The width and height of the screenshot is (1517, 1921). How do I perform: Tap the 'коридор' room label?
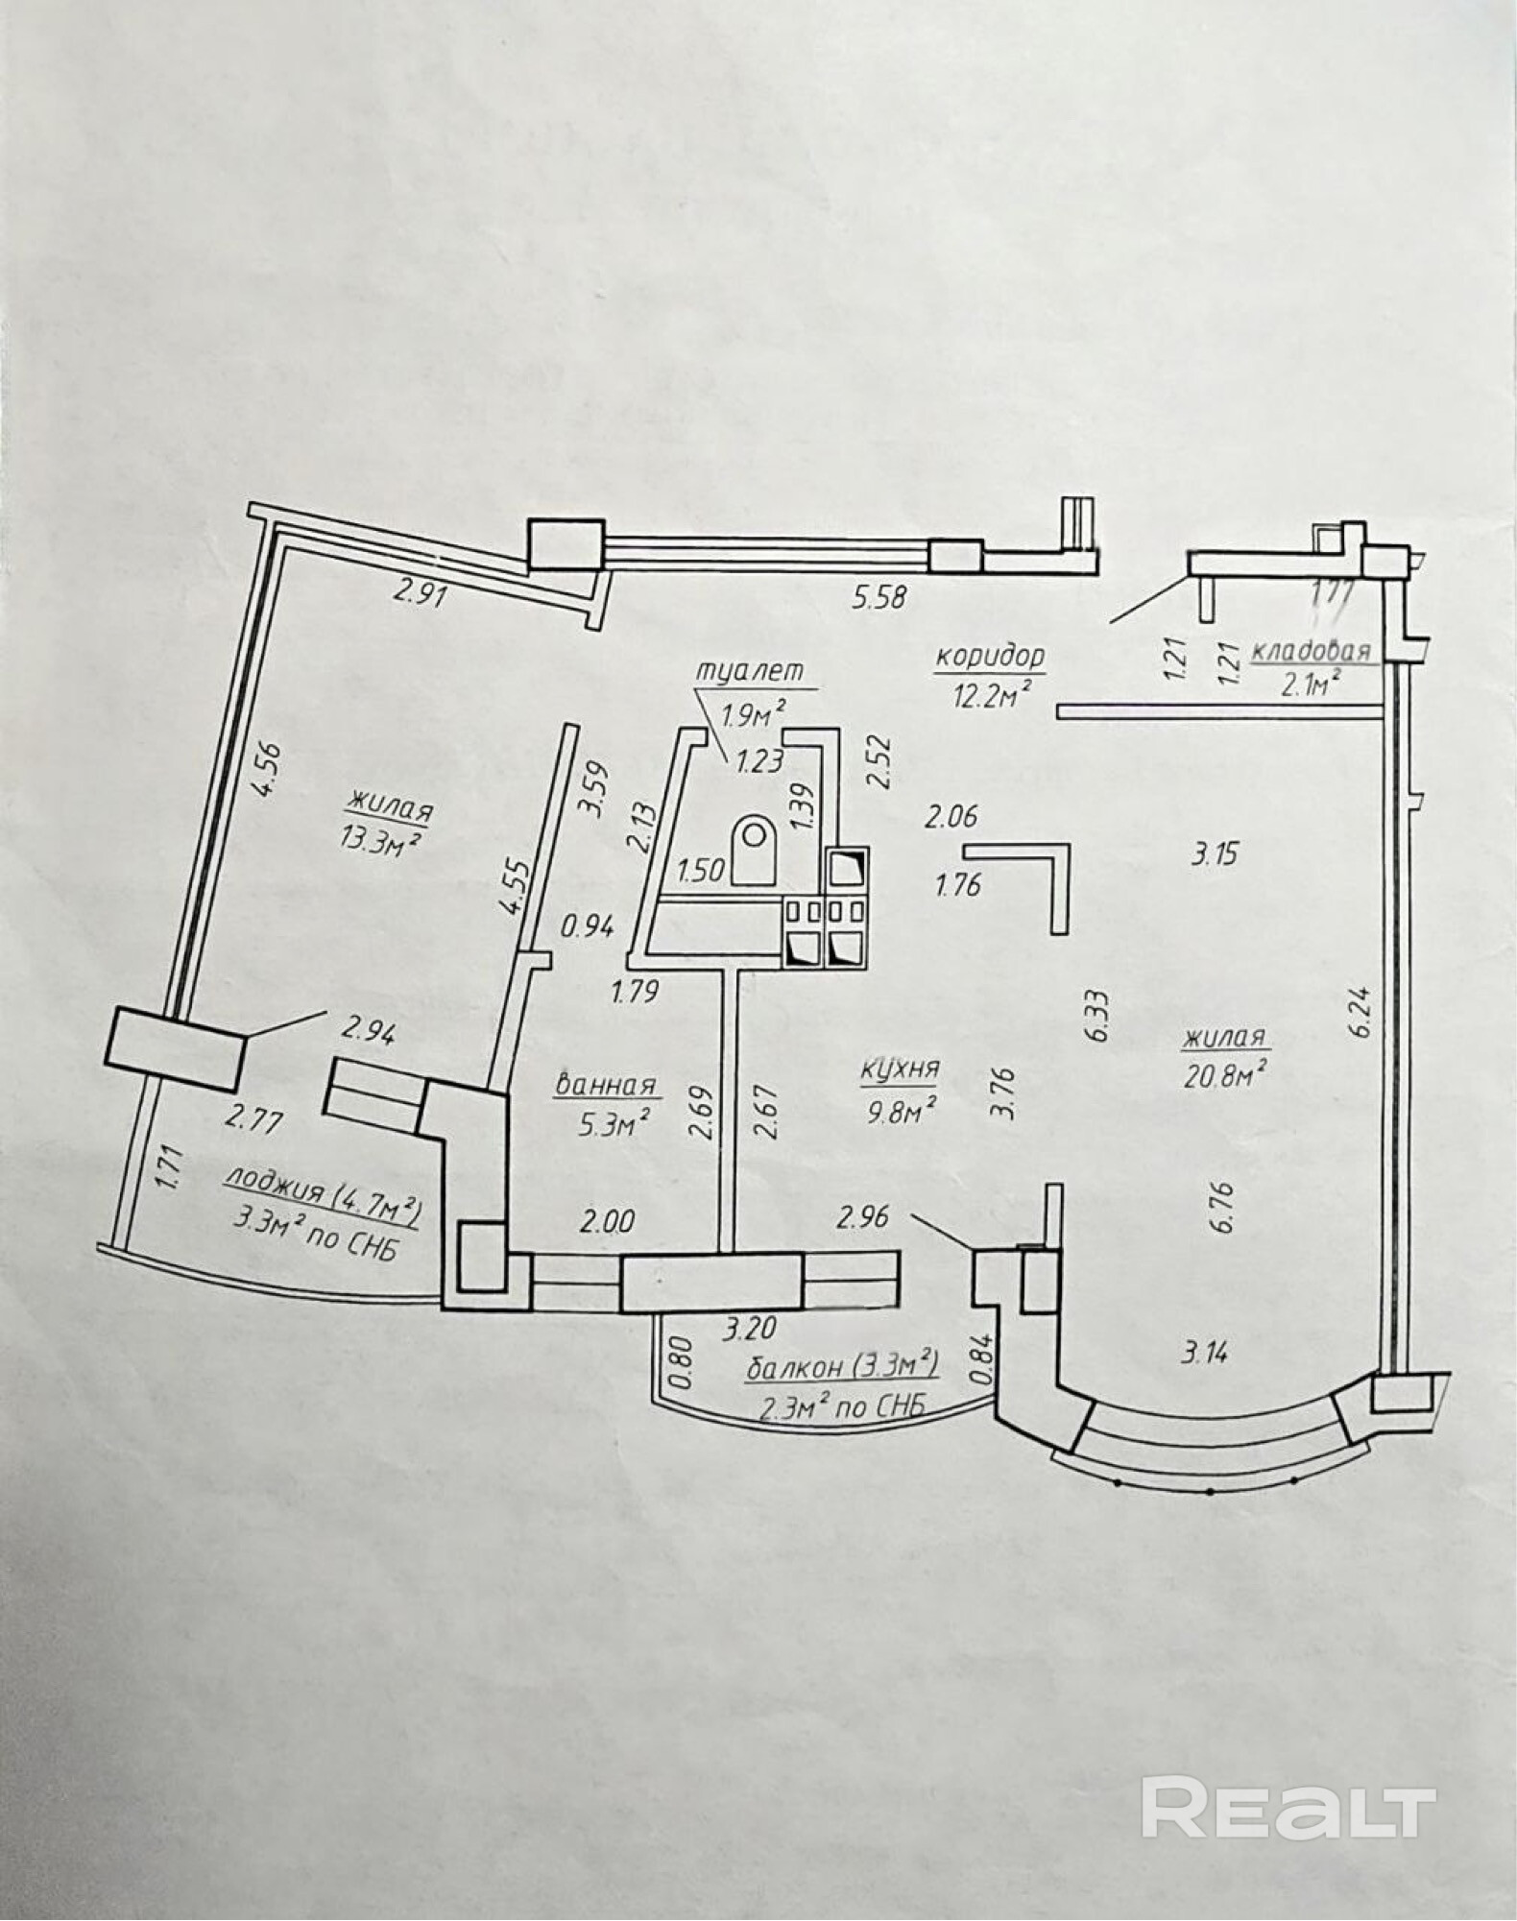989,657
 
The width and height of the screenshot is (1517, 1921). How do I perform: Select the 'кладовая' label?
1310,653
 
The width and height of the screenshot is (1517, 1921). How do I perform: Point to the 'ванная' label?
605,1085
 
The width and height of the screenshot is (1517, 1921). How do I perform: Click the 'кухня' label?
899,1068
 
